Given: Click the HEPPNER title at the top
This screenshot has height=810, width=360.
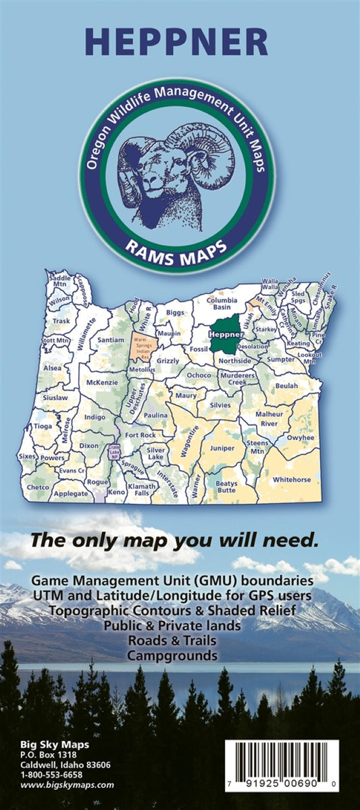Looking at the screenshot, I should [x=180, y=43].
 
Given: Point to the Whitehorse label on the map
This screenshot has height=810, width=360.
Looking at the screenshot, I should [x=292, y=479].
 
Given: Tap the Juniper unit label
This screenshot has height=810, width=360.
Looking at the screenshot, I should [x=223, y=447].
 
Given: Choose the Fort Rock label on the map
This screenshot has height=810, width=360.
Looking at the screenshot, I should [x=140, y=435].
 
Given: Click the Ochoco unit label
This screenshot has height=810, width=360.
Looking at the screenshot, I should [x=200, y=374].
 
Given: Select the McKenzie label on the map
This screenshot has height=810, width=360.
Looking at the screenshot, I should [x=103, y=382].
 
